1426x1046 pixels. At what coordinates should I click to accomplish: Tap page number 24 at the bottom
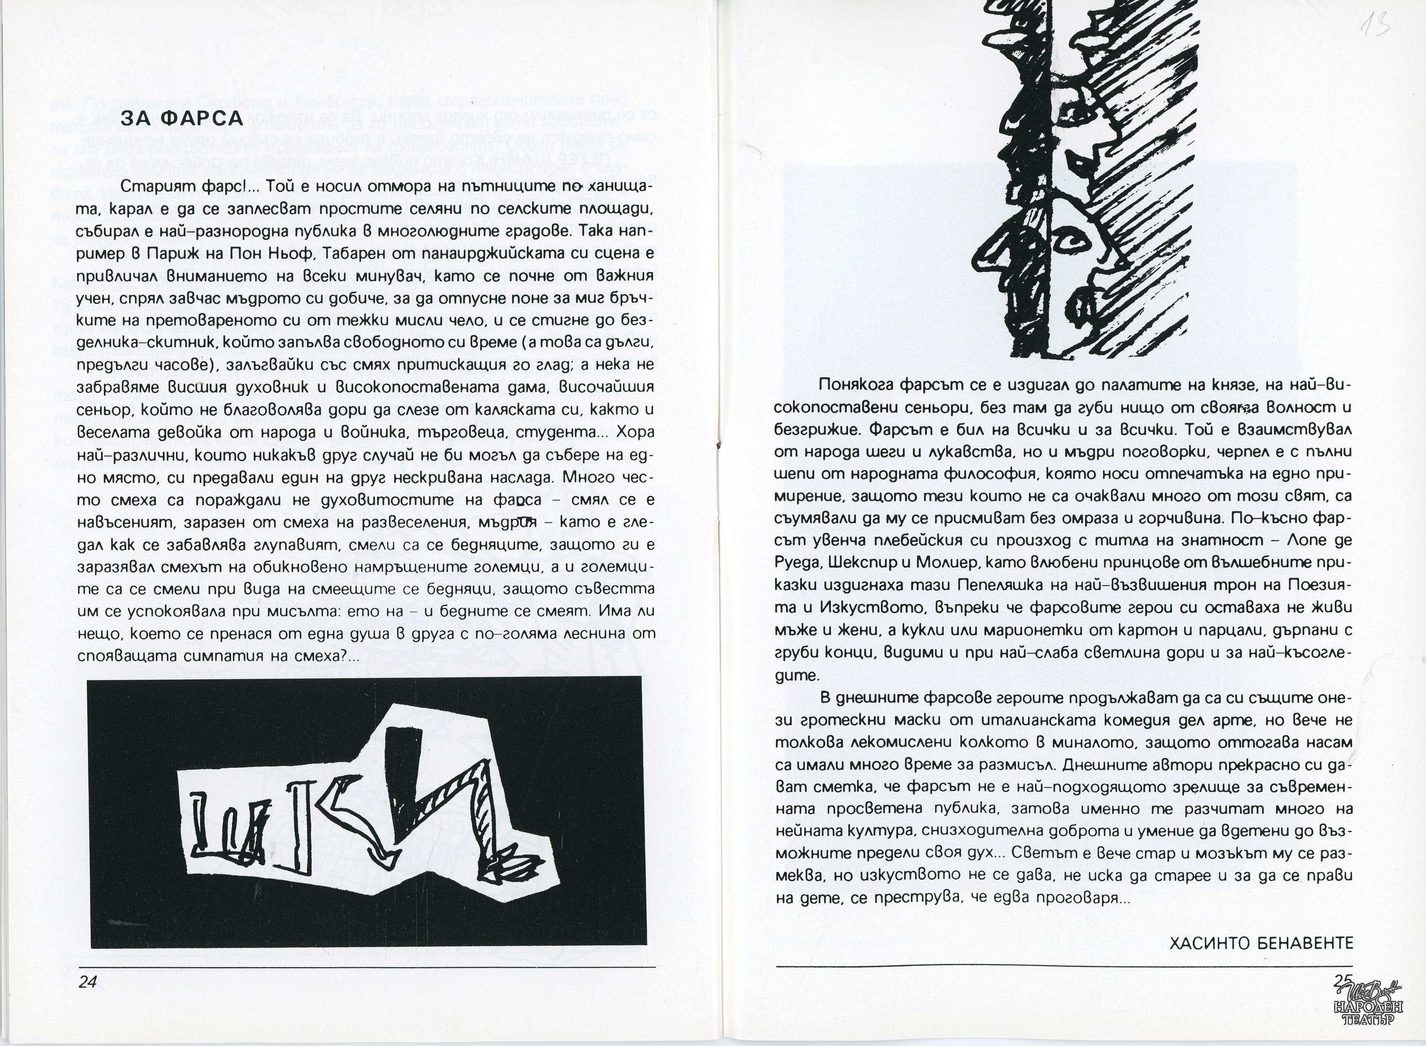tap(87, 981)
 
